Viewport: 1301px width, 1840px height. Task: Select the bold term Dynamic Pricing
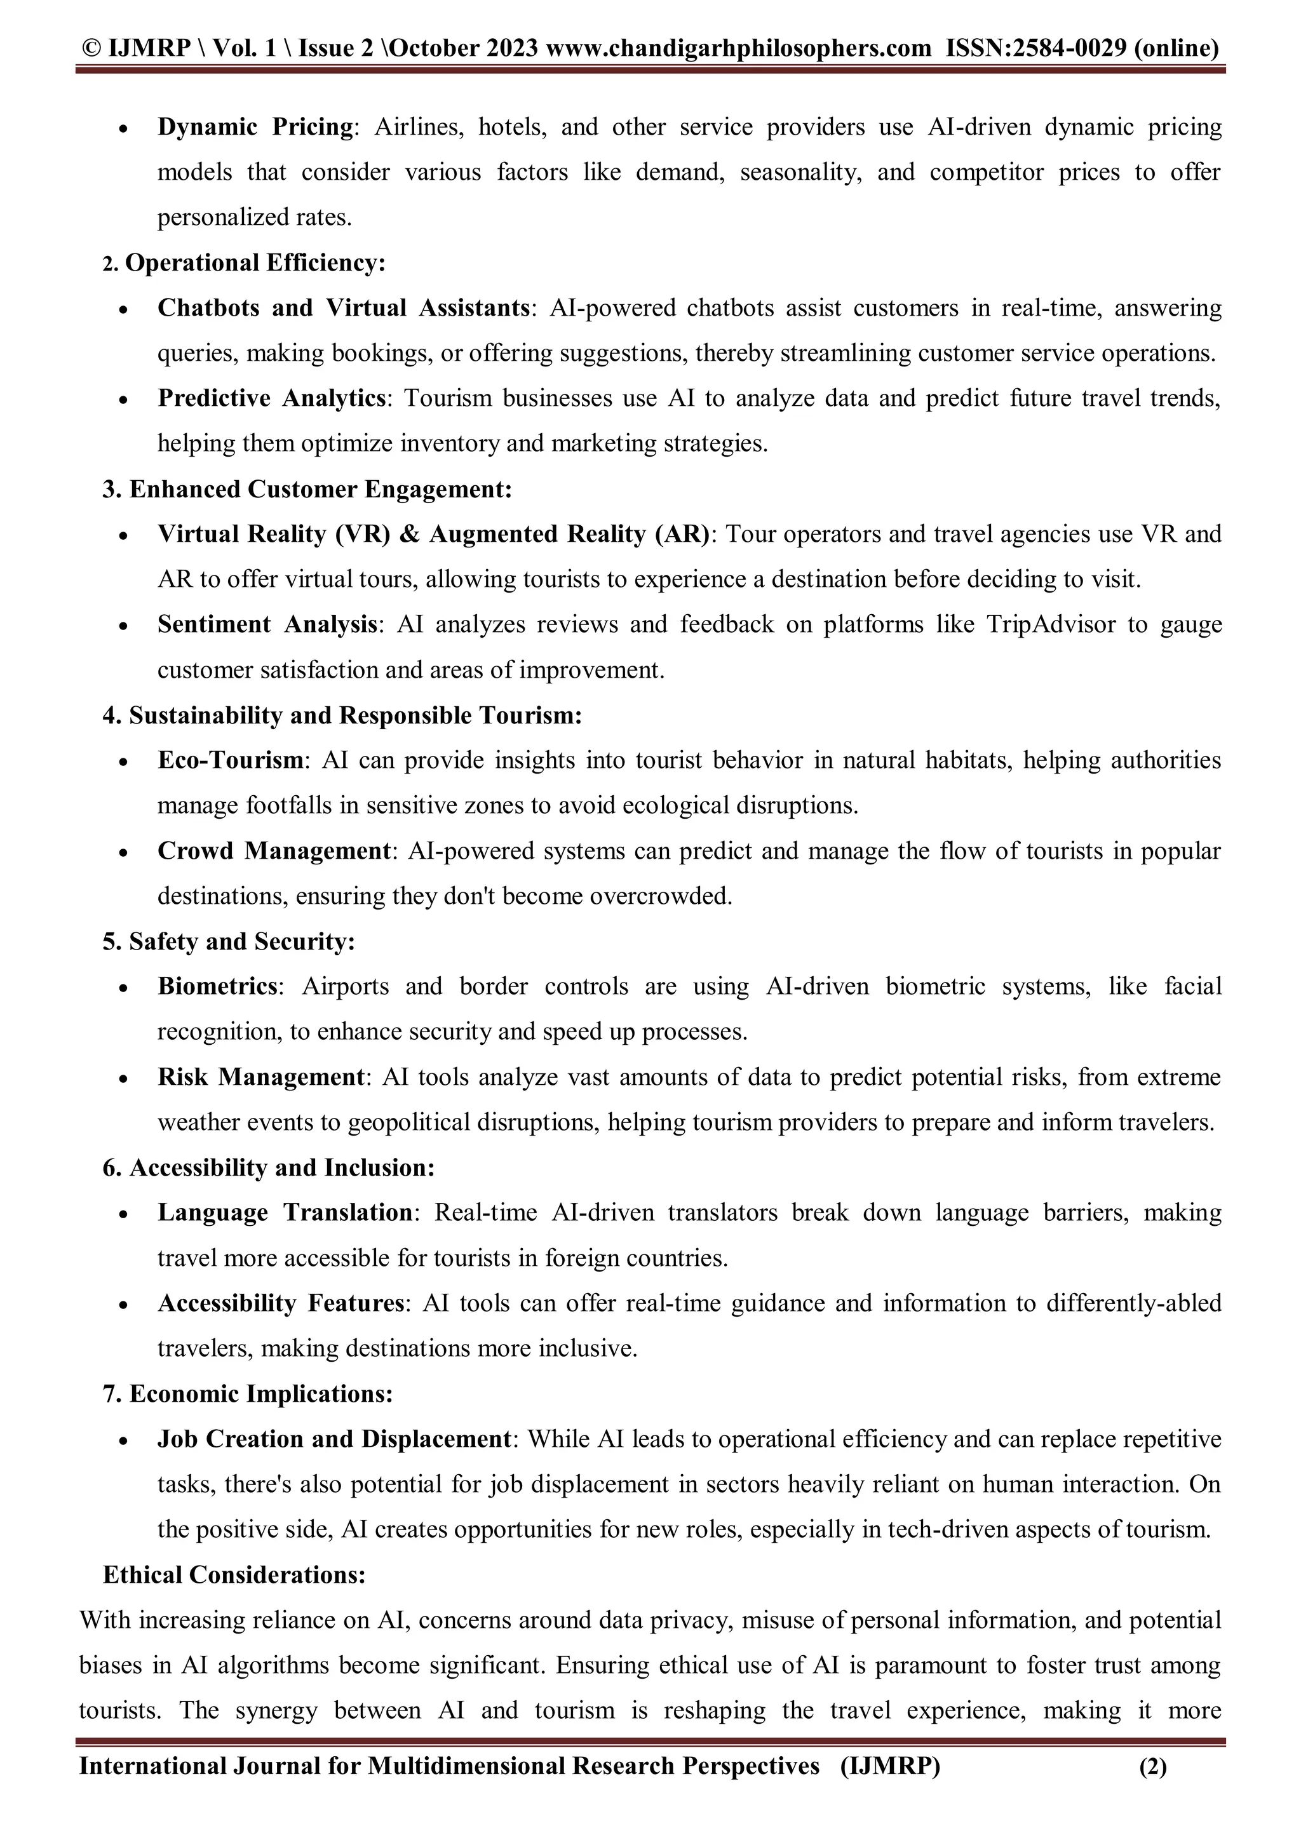[255, 126]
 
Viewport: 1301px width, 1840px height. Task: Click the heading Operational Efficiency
[255, 263]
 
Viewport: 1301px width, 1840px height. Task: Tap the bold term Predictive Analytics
[272, 398]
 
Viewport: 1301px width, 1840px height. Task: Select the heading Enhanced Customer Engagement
[320, 489]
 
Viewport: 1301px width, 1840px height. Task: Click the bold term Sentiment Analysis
[267, 624]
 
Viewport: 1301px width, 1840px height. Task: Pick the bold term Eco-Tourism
[230, 760]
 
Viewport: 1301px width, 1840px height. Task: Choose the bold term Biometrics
[217, 986]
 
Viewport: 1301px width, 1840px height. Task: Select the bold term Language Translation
[285, 1212]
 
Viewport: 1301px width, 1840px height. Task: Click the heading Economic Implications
[260, 1393]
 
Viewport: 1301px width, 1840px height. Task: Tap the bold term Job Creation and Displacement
[334, 1439]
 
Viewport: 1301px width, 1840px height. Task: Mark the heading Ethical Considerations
[234, 1575]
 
